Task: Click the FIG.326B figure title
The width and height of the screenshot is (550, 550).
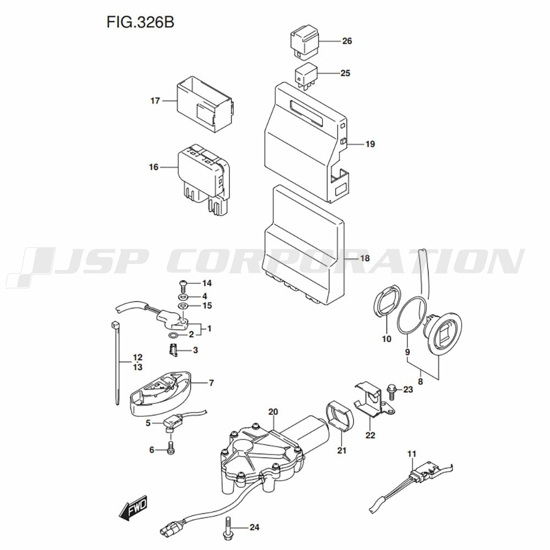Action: click(140, 22)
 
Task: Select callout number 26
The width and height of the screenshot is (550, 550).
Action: click(347, 41)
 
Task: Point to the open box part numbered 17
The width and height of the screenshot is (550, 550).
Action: click(205, 105)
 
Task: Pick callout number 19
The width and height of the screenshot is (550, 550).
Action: click(370, 144)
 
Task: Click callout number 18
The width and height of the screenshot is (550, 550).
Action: click(365, 258)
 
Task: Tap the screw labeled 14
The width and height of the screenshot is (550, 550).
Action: click(183, 287)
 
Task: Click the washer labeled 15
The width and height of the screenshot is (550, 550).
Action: click(183, 306)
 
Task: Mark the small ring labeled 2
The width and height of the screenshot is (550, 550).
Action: click(173, 336)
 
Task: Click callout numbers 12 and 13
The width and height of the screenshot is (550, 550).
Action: click(137, 362)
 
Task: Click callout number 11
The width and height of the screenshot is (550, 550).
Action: click(412, 454)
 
